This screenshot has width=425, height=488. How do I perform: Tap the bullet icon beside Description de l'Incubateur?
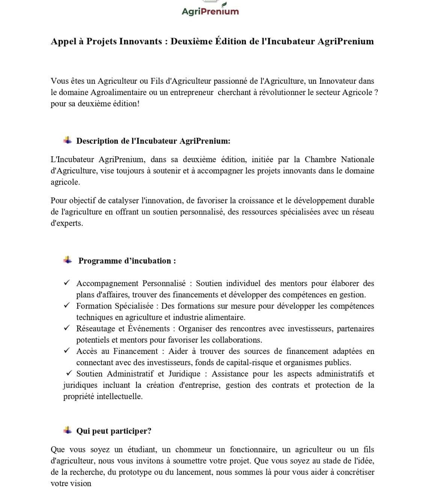(x=68, y=140)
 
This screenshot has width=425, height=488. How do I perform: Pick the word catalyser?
(x=123, y=200)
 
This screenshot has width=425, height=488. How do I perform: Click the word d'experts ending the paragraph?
(x=66, y=223)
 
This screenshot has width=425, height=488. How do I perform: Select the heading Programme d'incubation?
(x=127, y=261)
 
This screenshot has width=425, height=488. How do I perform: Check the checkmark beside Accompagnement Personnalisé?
(x=67, y=282)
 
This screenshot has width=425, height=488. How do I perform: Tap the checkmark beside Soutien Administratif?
(x=69, y=373)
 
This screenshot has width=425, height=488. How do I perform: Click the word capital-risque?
(x=250, y=363)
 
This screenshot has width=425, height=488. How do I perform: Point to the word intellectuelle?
(x=119, y=396)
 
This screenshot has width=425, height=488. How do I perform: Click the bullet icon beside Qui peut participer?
(x=68, y=430)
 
